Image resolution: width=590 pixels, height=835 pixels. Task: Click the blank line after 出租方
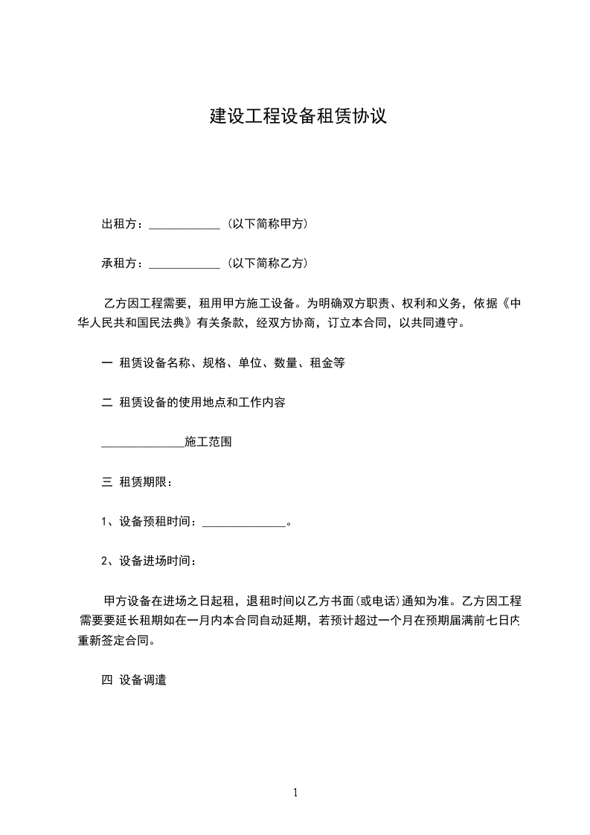tap(185, 225)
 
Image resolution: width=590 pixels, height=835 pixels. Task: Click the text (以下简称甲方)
tap(267, 224)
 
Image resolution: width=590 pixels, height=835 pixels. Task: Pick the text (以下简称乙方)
tap(267, 263)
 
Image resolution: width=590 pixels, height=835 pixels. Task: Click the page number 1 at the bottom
tap(295, 793)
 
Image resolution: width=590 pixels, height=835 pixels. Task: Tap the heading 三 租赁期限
tap(137, 482)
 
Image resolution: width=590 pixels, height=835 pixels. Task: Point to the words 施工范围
tap(208, 442)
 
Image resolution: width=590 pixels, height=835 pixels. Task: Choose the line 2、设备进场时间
tap(149, 561)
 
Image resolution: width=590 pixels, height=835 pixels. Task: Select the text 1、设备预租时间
tap(149, 522)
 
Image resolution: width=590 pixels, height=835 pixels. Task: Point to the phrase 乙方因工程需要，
tap(151, 304)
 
